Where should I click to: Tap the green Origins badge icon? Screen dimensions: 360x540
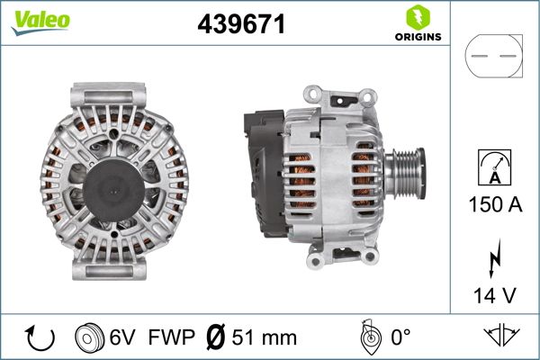click(x=417, y=15)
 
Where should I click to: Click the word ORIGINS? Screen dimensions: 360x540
click(x=417, y=38)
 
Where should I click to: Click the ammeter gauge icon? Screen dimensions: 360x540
click(x=493, y=168)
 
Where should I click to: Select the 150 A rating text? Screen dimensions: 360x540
click(x=493, y=205)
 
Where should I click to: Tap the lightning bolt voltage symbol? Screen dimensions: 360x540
click(x=494, y=257)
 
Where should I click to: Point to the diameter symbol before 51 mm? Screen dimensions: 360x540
click(x=215, y=338)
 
